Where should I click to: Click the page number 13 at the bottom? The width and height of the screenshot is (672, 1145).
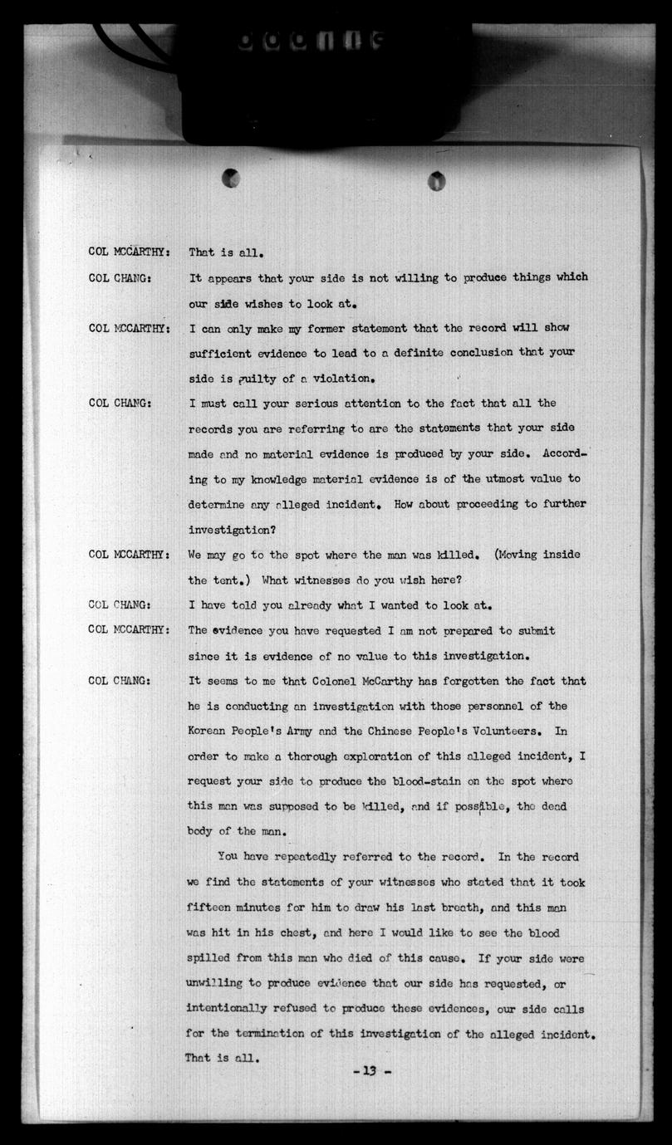(x=365, y=1071)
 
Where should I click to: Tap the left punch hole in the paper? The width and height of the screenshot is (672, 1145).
(x=231, y=178)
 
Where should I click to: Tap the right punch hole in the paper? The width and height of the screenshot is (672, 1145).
(x=436, y=180)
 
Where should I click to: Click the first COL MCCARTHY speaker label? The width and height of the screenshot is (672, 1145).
(x=130, y=252)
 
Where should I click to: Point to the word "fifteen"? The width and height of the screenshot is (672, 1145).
(x=211, y=908)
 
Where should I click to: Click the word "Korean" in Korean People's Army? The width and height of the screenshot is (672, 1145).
(x=208, y=732)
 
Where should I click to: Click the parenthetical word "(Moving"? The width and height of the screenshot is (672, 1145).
(x=517, y=555)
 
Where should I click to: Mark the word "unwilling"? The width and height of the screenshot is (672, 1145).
(x=216, y=983)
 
